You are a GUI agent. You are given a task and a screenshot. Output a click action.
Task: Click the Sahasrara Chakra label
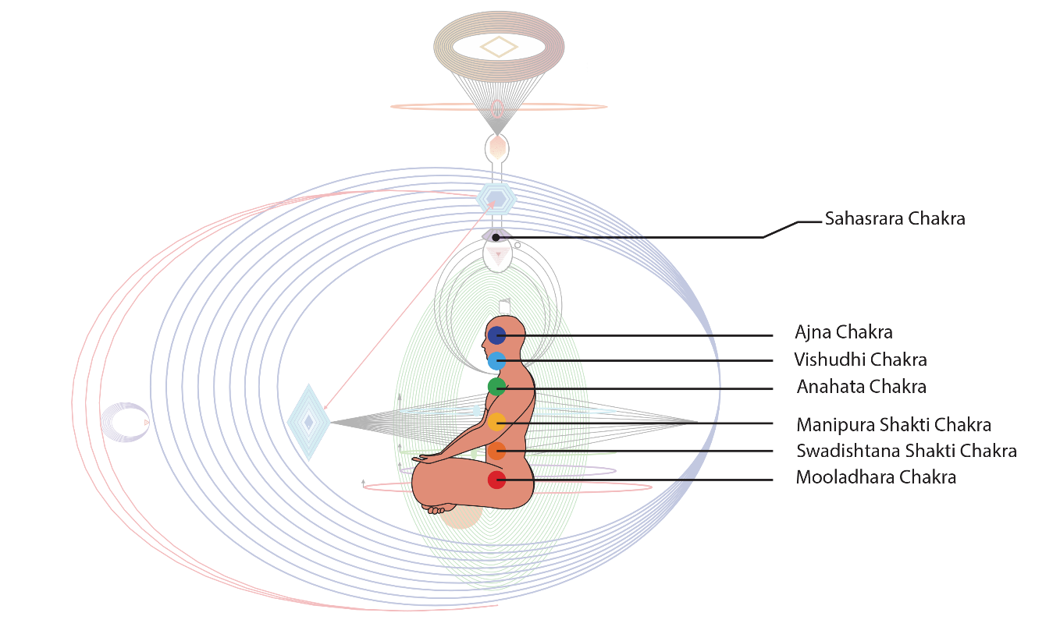pyautogui.click(x=895, y=219)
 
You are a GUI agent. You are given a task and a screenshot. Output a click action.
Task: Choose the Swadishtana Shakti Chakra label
pyautogui.click(x=905, y=452)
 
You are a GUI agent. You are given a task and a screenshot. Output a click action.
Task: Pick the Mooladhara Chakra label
pyautogui.click(x=875, y=477)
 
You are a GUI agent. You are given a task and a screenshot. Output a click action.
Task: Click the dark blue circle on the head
pyautogui.click(x=496, y=335)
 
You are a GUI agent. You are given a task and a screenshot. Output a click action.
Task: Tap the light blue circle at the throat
pyautogui.click(x=496, y=361)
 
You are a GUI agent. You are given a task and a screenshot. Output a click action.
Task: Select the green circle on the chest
pyautogui.click(x=496, y=386)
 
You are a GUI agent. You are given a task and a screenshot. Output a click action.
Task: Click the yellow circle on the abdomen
pyautogui.click(x=496, y=422)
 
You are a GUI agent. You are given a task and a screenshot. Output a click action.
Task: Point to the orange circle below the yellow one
pyautogui.click(x=496, y=451)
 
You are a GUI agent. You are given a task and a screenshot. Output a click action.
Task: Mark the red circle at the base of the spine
pyautogui.click(x=496, y=480)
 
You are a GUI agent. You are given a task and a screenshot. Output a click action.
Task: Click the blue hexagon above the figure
pyautogui.click(x=496, y=199)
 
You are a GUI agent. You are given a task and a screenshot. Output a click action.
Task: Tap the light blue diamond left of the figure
pyautogui.click(x=309, y=422)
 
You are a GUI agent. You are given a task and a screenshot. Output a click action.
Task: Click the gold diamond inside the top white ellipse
pyautogui.click(x=499, y=48)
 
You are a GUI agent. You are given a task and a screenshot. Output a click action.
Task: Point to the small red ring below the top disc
pyautogui.click(x=497, y=108)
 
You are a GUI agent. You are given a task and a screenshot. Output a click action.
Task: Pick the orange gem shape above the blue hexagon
pyautogui.click(x=497, y=147)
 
